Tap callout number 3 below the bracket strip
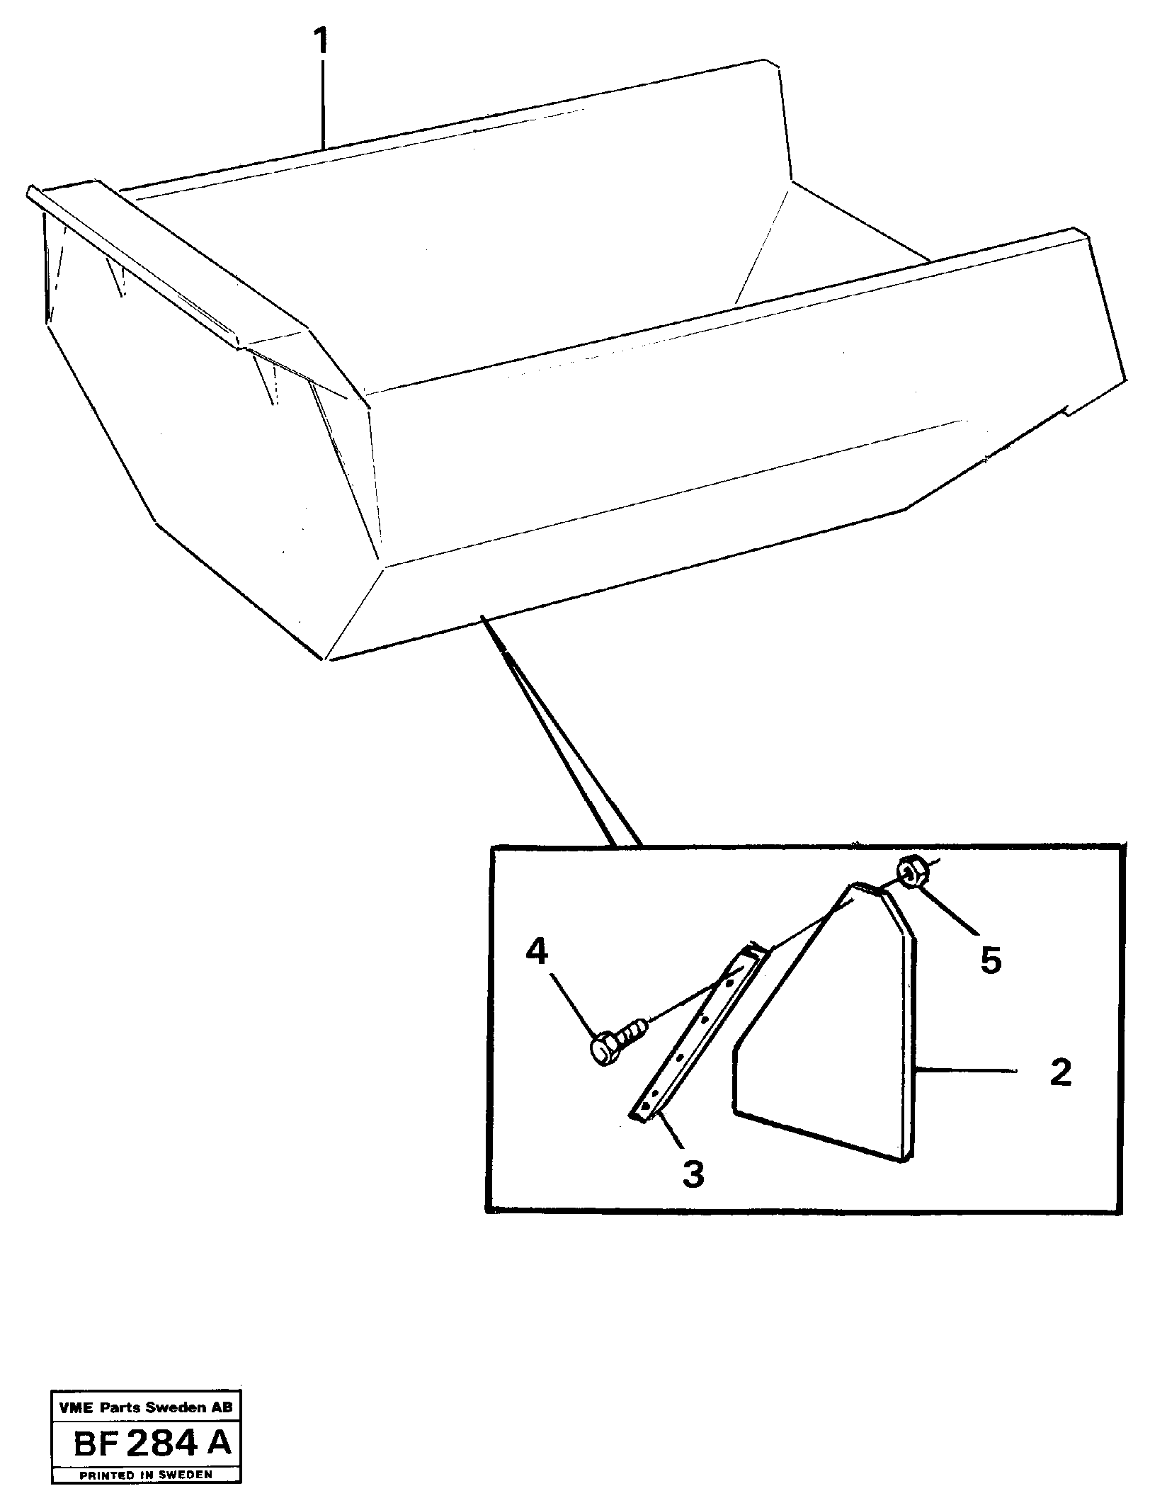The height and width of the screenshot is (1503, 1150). pyautogui.click(x=693, y=1174)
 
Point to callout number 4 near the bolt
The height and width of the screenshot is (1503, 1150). pyautogui.click(x=537, y=952)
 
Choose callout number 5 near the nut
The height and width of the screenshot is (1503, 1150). pyautogui.click(x=990, y=960)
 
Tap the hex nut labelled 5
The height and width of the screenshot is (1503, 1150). pyautogui.click(x=910, y=872)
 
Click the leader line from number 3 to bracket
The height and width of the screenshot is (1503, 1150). pyautogui.click(x=669, y=1138)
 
